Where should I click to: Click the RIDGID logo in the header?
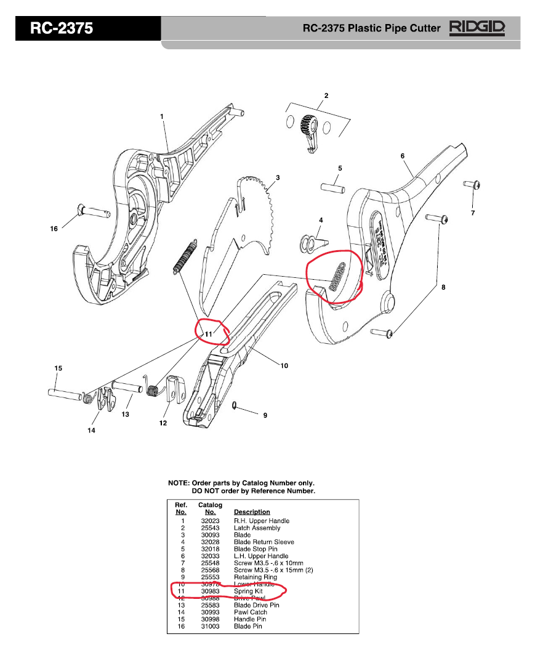(x=478, y=28)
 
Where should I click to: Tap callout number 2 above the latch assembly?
(x=326, y=95)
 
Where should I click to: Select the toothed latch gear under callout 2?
(x=307, y=127)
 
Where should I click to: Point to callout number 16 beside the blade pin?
(x=54, y=229)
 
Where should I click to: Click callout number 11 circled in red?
(x=208, y=333)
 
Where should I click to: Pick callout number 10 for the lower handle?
(x=284, y=365)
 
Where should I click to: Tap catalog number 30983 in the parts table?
(x=210, y=591)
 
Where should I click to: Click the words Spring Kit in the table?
(x=248, y=591)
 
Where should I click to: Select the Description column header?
(x=252, y=511)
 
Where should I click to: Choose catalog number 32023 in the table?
(x=210, y=521)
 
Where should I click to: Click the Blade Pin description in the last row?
(x=247, y=626)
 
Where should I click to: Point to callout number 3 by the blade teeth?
(x=278, y=177)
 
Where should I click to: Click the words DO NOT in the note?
(x=204, y=491)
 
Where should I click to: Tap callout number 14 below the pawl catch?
(x=91, y=431)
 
